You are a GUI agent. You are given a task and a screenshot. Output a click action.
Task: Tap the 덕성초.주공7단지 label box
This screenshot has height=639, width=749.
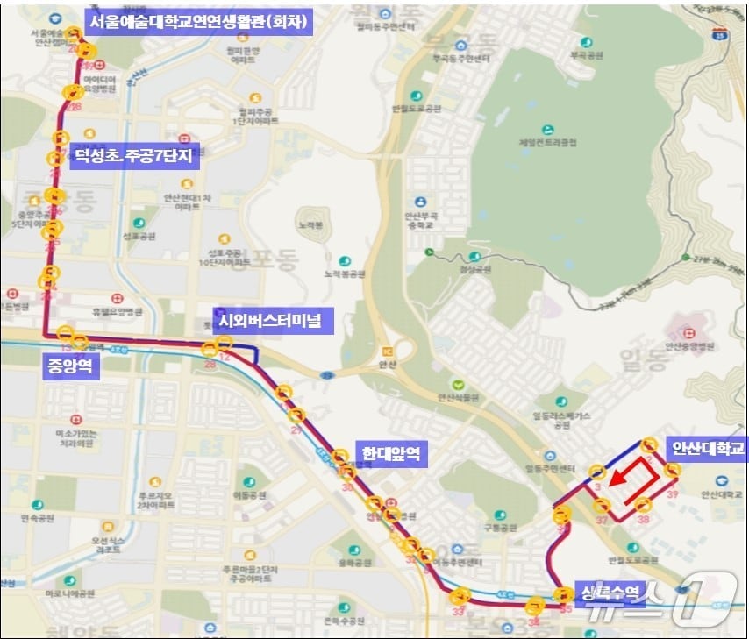pyautogui.click(x=135, y=157)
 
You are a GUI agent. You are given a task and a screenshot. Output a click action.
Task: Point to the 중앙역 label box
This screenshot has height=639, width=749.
pyautogui.click(x=69, y=366)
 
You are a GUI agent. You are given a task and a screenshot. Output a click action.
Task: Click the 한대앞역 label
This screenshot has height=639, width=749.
pyautogui.click(x=391, y=455)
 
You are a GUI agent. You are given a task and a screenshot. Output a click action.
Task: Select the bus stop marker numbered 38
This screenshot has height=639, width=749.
pyautogui.click(x=643, y=506)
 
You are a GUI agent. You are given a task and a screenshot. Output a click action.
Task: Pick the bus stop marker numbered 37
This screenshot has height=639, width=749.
pyautogui.click(x=603, y=506)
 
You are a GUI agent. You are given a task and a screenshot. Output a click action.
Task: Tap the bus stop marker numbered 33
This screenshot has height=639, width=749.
pyautogui.click(x=459, y=598)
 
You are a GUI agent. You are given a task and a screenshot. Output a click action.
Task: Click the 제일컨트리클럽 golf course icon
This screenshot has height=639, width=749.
pyautogui.click(x=548, y=129)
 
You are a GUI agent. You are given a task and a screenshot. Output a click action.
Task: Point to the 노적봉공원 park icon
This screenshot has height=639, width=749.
pyautogui.click(x=343, y=261)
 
